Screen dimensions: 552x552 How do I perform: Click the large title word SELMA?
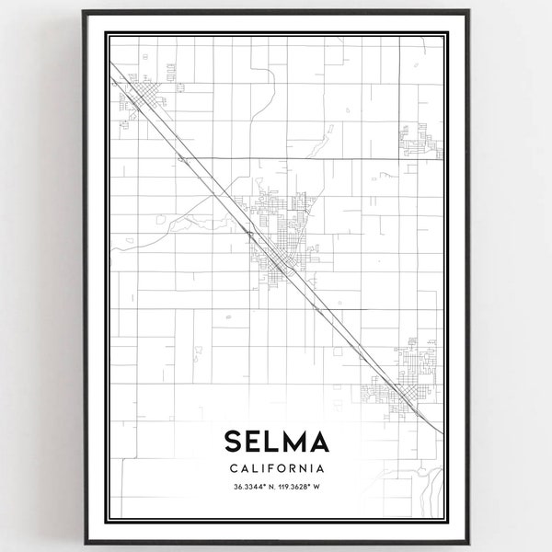(x=276, y=443)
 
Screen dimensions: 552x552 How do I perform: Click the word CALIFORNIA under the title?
(x=276, y=467)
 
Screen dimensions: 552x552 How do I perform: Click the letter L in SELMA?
(x=272, y=443)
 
